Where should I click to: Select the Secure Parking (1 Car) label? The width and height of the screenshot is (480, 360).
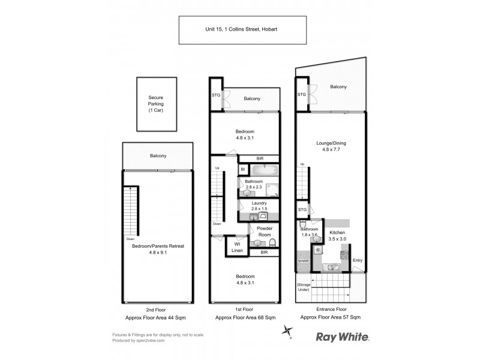(155, 104)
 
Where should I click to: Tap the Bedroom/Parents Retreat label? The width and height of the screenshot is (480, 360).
(158, 249)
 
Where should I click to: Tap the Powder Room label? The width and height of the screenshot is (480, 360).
(265, 232)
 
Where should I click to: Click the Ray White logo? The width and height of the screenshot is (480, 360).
(343, 337)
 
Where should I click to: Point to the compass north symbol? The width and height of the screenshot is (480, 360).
(289, 331)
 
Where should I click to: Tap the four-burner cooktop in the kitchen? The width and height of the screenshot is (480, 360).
(344, 254)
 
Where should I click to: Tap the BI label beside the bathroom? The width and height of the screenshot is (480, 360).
(243, 170)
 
